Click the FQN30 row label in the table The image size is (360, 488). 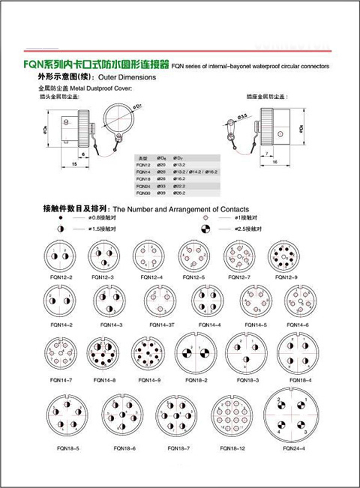141,193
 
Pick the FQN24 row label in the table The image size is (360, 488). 141,186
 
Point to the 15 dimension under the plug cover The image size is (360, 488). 75,164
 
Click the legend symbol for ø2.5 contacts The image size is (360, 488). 205,228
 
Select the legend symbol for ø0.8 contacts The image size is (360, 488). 61,219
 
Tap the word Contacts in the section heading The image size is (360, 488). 235,209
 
